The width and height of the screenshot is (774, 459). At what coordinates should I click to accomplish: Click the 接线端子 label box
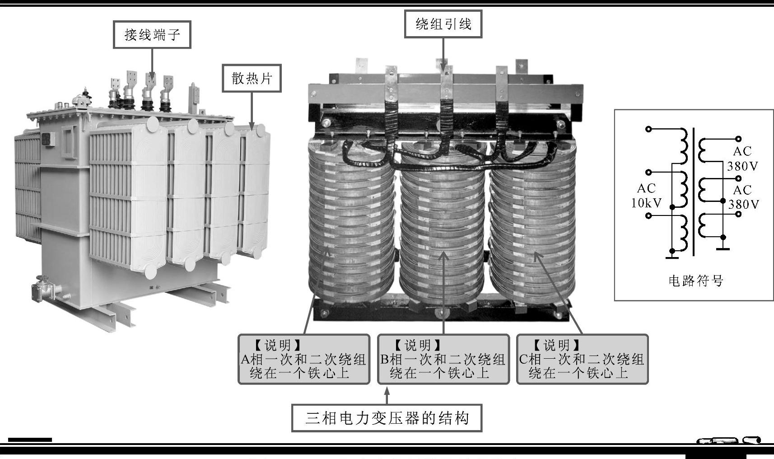(x=152, y=34)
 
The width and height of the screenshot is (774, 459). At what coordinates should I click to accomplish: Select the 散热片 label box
(x=252, y=79)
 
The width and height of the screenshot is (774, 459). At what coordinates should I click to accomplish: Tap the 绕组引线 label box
(x=443, y=24)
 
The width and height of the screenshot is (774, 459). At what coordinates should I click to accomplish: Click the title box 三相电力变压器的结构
(x=387, y=418)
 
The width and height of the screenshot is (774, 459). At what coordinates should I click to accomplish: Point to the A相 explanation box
(x=304, y=360)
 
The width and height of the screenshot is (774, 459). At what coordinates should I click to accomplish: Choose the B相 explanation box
(x=443, y=360)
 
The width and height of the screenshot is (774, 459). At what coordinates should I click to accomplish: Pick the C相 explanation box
(x=582, y=360)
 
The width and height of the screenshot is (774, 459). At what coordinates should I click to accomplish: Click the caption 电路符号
(x=695, y=281)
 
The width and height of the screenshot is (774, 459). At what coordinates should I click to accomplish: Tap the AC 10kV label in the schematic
(x=646, y=196)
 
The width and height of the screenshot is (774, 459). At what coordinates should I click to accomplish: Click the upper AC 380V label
(x=742, y=159)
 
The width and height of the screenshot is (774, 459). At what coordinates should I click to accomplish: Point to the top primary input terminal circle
(x=649, y=129)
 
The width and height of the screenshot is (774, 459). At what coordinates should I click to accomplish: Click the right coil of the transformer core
(x=533, y=217)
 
